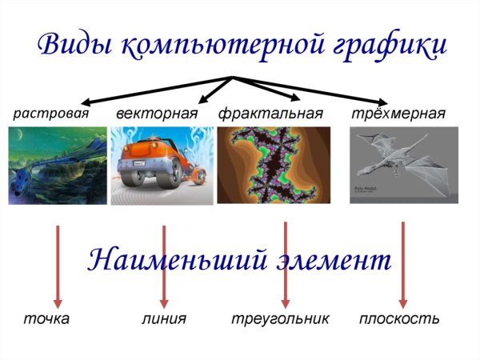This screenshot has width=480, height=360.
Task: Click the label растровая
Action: [50, 113]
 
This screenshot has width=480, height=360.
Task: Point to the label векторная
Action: [156, 113]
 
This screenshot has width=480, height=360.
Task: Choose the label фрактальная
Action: [270, 113]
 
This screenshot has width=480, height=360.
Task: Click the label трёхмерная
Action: [398, 113]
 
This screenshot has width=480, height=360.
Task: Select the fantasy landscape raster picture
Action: [57, 166]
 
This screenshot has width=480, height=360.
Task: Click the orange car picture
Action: [160, 166]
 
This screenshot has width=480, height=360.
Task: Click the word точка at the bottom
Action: [46, 319]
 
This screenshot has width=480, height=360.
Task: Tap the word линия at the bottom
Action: [164, 319]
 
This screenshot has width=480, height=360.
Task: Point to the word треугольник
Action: [280, 319]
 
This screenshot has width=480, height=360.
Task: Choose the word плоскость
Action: [399, 319]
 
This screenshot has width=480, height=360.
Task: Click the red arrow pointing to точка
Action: [57, 264]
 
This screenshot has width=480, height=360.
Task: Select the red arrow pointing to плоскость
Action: [402, 264]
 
